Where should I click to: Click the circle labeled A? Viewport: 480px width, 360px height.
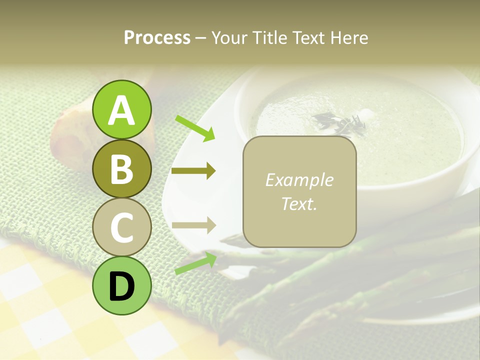click(x=122, y=109)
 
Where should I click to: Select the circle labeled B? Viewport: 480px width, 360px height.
click(x=122, y=168)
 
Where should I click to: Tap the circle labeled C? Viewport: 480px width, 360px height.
click(x=122, y=227)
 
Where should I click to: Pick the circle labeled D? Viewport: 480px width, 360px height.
click(x=122, y=285)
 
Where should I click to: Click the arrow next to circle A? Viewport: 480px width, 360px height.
click(x=195, y=128)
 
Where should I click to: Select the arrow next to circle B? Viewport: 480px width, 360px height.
click(x=193, y=171)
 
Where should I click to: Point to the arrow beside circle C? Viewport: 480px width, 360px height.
click(x=193, y=225)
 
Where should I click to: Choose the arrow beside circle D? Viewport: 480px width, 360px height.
click(x=195, y=263)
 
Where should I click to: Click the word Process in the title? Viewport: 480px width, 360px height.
click(x=157, y=38)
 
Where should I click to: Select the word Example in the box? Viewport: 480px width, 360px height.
click(x=299, y=180)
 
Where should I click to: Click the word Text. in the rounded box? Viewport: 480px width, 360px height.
click(x=299, y=203)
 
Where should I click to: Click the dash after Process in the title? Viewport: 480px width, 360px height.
click(x=200, y=38)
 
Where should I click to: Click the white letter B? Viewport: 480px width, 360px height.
click(x=122, y=169)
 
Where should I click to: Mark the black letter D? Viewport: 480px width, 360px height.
click(x=122, y=286)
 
